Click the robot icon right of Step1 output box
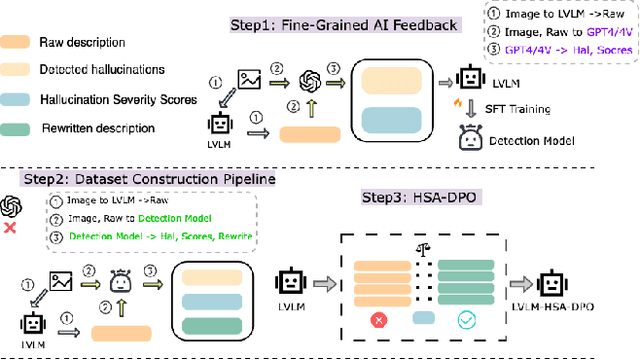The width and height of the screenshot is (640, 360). tap(469, 77)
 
